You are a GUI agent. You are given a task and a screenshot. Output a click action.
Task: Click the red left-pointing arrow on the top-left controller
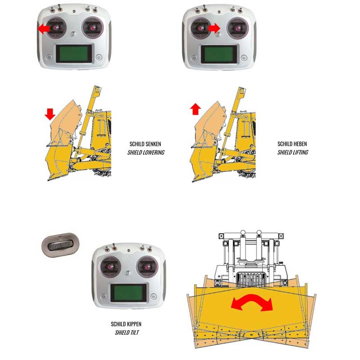click(44, 29)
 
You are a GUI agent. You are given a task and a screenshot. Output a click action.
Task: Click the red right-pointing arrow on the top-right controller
click(215, 28)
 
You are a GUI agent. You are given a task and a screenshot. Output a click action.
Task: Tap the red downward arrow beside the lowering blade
click(50, 114)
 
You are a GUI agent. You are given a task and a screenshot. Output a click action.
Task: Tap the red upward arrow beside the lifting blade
click(195, 109)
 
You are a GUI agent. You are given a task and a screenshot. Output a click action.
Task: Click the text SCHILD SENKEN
click(145, 144)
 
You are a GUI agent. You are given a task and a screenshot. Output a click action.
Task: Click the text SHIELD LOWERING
click(146, 153)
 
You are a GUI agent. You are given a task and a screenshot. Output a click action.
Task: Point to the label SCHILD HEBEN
click(292, 144)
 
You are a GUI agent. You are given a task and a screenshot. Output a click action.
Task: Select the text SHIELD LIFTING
click(293, 152)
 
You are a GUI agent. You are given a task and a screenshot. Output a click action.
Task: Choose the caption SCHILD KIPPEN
click(126, 324)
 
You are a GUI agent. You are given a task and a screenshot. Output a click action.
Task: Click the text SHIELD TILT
click(127, 333)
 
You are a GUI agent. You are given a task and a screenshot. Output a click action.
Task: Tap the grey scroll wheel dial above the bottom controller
click(60, 245)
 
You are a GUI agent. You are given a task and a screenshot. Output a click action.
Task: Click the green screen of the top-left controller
click(74, 54)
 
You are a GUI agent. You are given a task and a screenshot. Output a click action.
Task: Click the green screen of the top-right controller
click(219, 54)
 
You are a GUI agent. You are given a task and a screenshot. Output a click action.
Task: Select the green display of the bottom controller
click(129, 293)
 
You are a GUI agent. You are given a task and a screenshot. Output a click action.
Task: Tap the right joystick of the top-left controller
click(93, 28)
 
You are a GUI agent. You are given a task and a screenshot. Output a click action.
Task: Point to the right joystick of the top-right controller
click(238, 28)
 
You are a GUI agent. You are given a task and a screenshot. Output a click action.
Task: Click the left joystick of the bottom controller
click(111, 267)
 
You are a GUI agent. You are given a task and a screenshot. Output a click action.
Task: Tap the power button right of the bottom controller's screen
click(153, 296)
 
